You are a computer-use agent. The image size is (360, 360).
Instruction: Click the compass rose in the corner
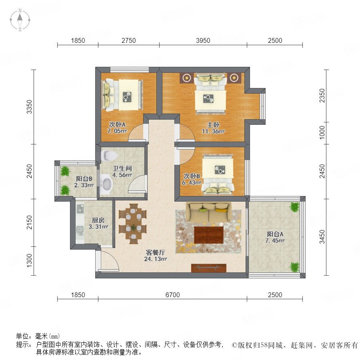(20, 20)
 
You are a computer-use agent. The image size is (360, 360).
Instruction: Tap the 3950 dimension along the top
(203, 40)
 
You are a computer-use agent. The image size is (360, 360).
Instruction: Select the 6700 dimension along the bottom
(172, 295)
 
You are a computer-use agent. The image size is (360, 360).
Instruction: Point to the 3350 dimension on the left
(29, 107)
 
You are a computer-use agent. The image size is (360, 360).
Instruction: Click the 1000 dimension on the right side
(322, 132)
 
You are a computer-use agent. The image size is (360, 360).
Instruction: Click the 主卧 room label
(213, 125)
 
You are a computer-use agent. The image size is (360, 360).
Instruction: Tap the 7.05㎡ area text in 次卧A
(117, 131)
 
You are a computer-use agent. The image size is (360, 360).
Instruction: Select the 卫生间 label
(122, 168)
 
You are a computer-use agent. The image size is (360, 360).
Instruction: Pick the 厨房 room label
(98, 220)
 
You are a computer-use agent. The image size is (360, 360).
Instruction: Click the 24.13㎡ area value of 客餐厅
(156, 259)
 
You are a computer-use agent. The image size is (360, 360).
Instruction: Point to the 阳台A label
(275, 234)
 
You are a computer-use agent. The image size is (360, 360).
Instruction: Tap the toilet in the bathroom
(109, 156)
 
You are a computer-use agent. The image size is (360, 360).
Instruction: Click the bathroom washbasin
(106, 184)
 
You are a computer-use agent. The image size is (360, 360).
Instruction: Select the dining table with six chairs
(133, 224)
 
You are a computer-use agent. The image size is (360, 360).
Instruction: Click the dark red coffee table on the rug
(209, 235)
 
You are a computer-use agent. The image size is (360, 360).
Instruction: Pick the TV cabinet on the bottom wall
(209, 268)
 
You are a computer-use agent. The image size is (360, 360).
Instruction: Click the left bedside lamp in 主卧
(187, 78)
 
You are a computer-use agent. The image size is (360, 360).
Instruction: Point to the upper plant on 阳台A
(294, 207)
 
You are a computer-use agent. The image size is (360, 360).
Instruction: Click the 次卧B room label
(192, 176)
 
